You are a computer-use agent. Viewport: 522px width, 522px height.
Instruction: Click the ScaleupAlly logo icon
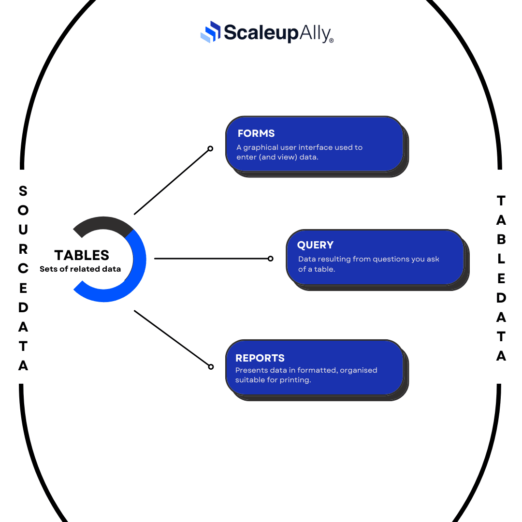click(210, 32)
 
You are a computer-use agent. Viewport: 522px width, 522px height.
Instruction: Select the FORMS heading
click(256, 133)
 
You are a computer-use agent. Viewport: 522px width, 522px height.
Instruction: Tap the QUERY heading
click(315, 245)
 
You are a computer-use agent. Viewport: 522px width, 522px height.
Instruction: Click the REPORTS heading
click(260, 358)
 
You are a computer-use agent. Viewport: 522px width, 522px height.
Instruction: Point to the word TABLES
click(82, 255)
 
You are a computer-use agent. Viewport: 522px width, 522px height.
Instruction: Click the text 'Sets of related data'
click(80, 269)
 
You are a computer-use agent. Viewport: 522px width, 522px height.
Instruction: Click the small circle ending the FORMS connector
click(210, 148)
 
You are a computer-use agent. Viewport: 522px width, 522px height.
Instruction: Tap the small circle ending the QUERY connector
click(270, 259)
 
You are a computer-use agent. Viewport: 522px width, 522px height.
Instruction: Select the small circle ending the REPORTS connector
click(211, 367)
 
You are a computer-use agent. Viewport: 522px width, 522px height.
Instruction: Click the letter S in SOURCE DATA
click(23, 191)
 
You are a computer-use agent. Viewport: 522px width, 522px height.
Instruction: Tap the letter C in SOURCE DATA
click(23, 268)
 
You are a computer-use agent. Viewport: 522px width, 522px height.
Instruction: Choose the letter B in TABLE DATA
click(501, 239)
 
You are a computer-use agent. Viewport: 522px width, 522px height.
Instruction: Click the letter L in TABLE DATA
click(501, 259)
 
